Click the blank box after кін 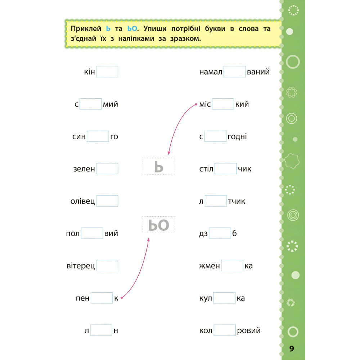[x=107, y=72]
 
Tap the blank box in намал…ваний [x=234, y=72]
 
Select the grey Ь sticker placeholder [x=159, y=166]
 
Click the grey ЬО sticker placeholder [x=159, y=225]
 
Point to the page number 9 [x=292, y=348]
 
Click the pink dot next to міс [x=195, y=104]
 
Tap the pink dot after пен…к [x=122, y=298]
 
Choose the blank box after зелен [x=107, y=168]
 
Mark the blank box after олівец [x=107, y=201]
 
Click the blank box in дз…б [x=220, y=233]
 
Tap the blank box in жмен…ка [x=232, y=266]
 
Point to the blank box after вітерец [x=107, y=266]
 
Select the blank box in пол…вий [x=92, y=233]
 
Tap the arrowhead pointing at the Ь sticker [x=168, y=153]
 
